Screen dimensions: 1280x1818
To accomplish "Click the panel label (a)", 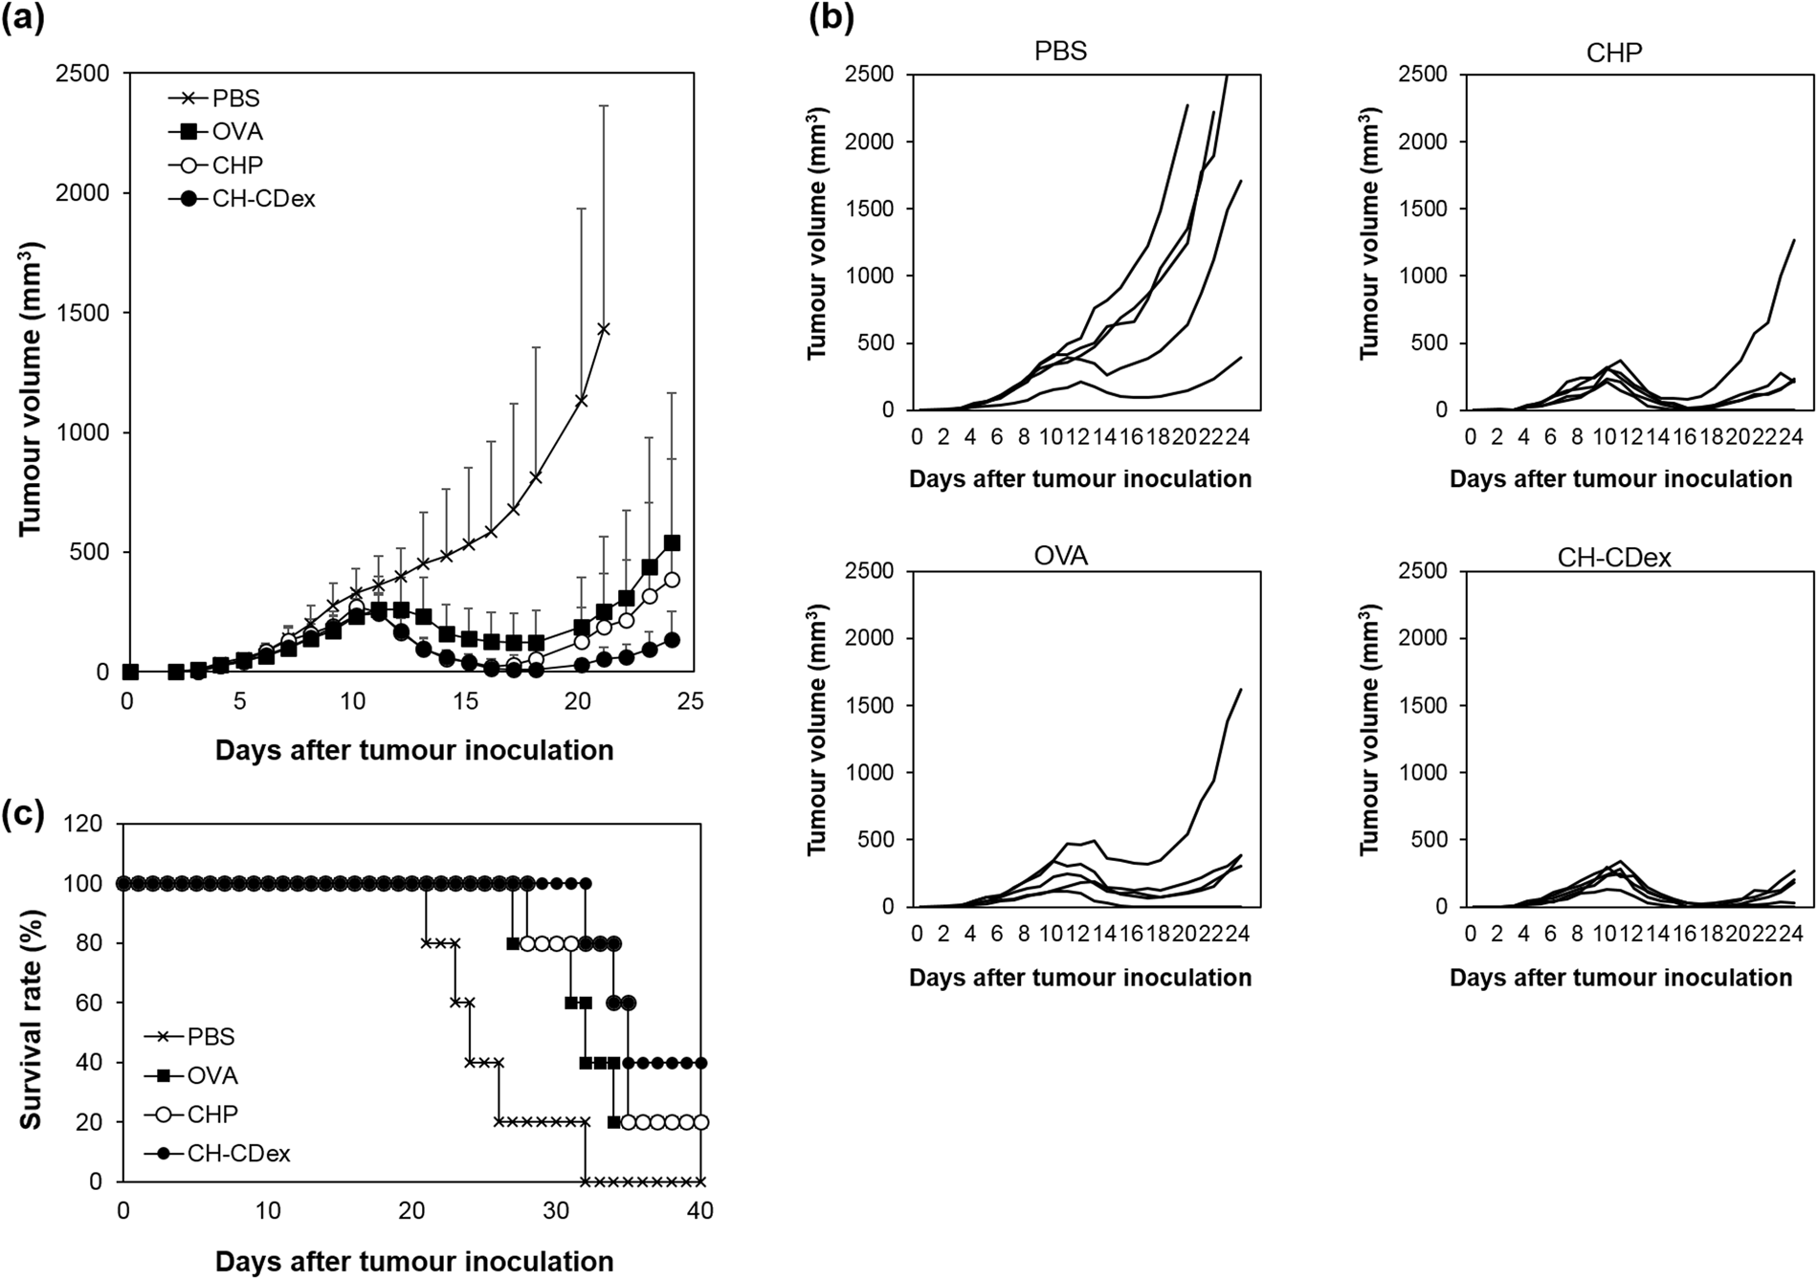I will [x=23, y=18].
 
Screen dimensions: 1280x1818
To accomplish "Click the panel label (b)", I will [x=831, y=18].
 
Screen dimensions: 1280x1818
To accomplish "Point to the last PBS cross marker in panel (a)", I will [x=604, y=329].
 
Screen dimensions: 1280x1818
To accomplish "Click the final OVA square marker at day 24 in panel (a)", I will [x=672, y=542].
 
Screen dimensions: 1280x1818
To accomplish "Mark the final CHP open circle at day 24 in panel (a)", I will [x=672, y=580].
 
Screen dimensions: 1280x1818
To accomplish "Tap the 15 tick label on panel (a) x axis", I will [x=464, y=702].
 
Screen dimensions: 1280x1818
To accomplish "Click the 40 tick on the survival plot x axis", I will [x=700, y=1211].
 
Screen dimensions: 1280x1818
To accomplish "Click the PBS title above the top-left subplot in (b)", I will [x=1060, y=51].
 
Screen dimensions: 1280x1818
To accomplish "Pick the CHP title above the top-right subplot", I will [x=1614, y=53].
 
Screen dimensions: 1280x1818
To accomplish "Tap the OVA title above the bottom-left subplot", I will [x=1060, y=556].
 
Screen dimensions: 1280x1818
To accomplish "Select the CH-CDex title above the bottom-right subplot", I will [x=1614, y=558].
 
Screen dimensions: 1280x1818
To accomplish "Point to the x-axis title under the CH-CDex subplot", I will [x=1620, y=978].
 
